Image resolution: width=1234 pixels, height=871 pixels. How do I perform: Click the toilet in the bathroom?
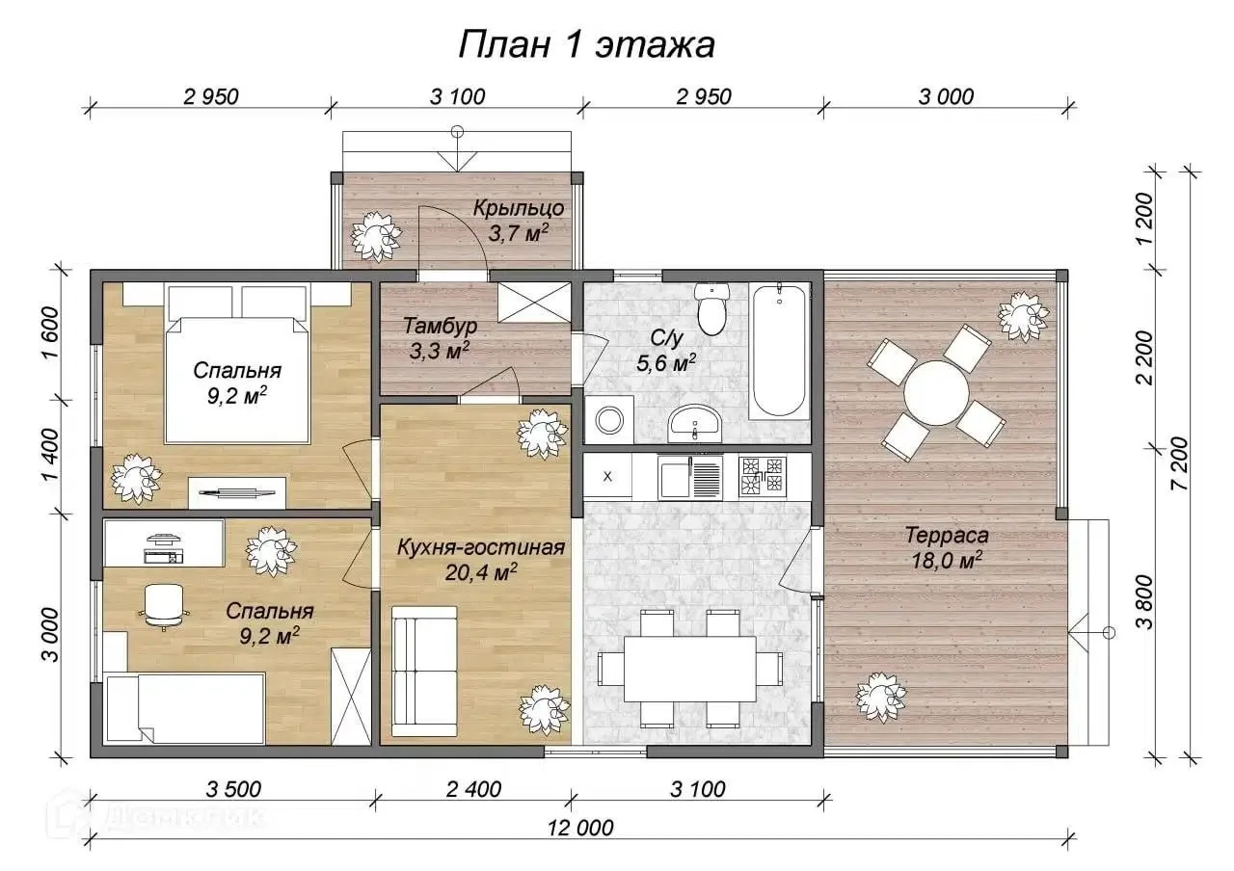coord(712,309)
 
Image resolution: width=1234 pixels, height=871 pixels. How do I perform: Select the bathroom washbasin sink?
coord(694,424)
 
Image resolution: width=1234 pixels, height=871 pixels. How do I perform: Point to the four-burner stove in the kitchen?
coord(763,475)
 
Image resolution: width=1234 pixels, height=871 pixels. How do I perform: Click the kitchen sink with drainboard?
coord(689,477)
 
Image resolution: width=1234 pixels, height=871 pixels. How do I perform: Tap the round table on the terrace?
coord(936,393)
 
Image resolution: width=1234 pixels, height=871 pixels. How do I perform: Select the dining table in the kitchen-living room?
coord(689,669)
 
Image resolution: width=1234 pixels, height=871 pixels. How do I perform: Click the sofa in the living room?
coord(424,672)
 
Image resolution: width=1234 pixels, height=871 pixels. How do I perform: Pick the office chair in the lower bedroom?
coord(164,607)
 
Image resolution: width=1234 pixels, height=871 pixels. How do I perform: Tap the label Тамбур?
coord(441,326)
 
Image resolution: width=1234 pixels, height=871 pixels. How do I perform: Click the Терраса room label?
coord(947,535)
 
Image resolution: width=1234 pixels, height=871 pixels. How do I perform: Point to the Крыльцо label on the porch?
coord(519,208)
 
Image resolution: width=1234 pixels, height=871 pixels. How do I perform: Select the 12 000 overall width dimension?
coord(581,828)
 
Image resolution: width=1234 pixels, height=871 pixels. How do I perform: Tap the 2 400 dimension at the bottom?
coord(473,789)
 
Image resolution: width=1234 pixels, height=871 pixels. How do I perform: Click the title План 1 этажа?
coord(587,45)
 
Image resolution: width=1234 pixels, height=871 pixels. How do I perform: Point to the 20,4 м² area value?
coord(481,573)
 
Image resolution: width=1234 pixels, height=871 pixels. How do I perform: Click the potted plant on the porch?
coord(377,237)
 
